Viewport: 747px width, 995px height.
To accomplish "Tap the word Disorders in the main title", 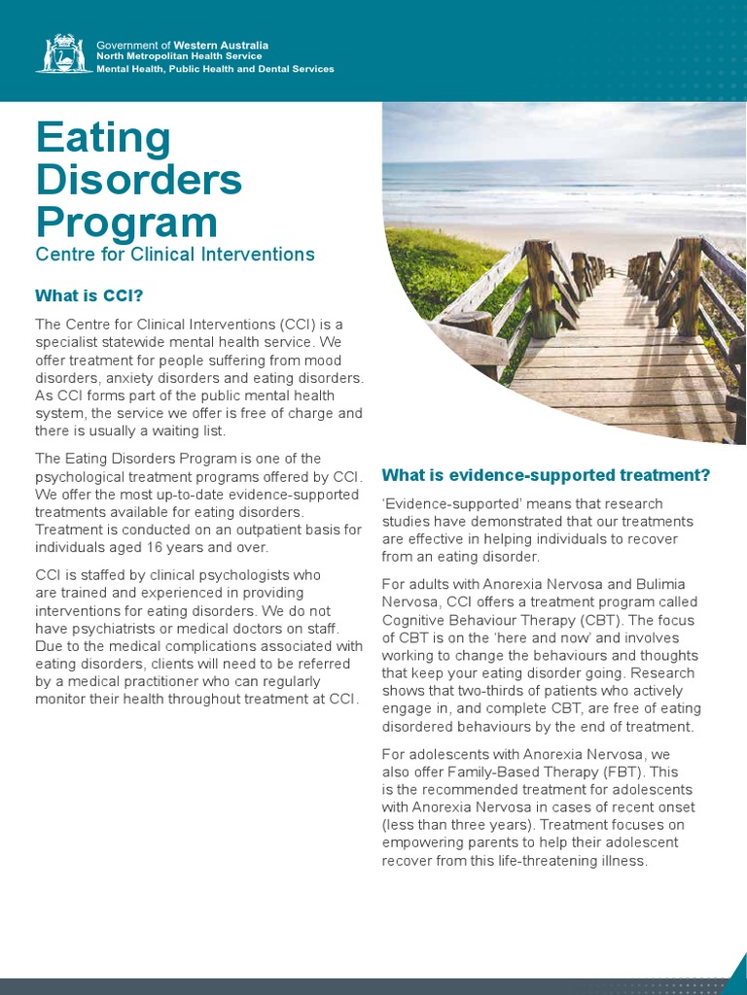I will click(x=139, y=181).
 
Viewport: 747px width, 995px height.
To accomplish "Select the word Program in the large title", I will click(x=126, y=222).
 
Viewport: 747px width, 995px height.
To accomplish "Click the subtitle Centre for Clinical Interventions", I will click(x=175, y=255).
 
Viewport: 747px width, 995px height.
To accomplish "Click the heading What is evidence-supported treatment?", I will click(x=546, y=475).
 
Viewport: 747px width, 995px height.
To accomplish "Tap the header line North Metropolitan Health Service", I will click(x=179, y=56).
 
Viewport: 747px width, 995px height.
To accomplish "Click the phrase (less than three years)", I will click(x=459, y=825).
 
